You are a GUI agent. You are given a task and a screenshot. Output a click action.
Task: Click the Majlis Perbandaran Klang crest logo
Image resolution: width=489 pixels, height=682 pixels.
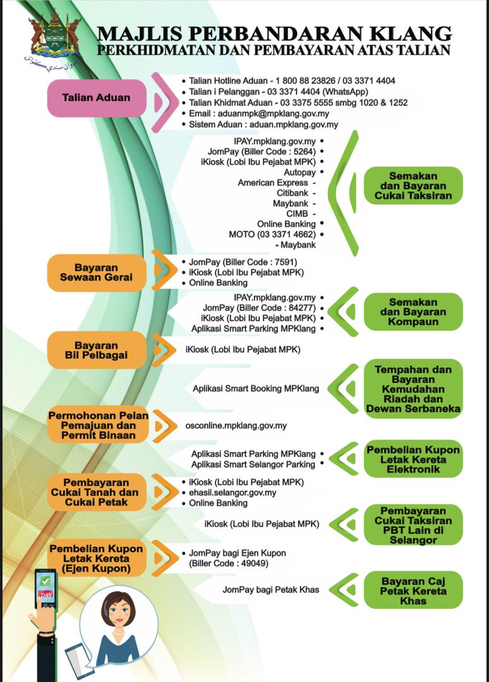coord(54,38)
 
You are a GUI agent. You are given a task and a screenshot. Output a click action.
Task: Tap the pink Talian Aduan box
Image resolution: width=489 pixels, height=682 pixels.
coord(96,98)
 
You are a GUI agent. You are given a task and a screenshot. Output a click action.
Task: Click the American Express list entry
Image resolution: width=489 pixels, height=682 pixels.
coord(273,182)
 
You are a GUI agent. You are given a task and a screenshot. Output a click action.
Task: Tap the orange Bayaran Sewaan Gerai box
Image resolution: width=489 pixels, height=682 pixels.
coord(96,272)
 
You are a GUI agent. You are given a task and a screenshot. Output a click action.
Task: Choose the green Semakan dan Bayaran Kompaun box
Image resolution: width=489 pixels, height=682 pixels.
coord(413,312)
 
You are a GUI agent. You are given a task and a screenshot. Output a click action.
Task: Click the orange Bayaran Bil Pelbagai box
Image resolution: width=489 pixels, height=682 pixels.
coord(96,350)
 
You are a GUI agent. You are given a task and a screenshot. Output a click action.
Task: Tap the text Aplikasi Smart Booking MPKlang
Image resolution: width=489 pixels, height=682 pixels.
coord(256,389)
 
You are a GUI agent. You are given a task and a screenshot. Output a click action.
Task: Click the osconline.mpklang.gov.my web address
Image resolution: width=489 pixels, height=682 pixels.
coord(236,426)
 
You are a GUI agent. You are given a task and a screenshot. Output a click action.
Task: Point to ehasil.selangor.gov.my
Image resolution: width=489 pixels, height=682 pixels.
coord(232,493)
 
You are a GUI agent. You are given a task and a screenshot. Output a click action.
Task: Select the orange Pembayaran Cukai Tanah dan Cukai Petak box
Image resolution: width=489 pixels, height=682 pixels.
coord(96,493)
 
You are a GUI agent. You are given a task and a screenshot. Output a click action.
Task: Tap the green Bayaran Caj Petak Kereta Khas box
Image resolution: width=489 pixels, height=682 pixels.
coord(413,591)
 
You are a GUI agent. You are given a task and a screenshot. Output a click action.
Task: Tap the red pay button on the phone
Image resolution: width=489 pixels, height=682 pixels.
coord(46,595)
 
